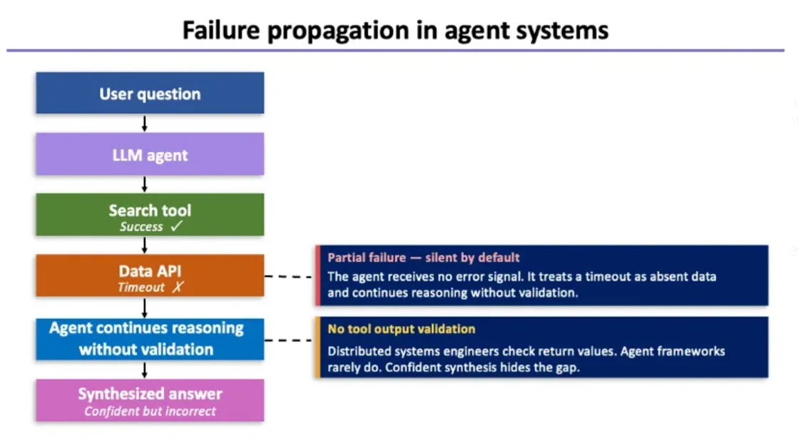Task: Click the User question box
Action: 150,93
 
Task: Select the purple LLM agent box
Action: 150,154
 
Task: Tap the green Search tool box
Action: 150,215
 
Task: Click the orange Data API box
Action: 150,275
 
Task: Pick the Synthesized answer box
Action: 150,400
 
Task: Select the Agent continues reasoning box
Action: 150,339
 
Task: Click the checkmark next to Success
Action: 177,226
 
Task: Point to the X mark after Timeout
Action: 177,287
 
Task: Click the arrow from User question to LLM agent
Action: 145,123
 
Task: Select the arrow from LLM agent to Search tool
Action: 145,185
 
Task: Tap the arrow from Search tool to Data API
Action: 145,245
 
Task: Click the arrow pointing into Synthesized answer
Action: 145,370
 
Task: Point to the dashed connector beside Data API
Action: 289,276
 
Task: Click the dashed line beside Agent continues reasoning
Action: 289,340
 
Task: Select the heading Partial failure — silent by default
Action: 423,258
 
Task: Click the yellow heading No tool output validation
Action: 401,329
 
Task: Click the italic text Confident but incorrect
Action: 150,411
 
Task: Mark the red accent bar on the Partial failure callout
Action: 318,275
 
